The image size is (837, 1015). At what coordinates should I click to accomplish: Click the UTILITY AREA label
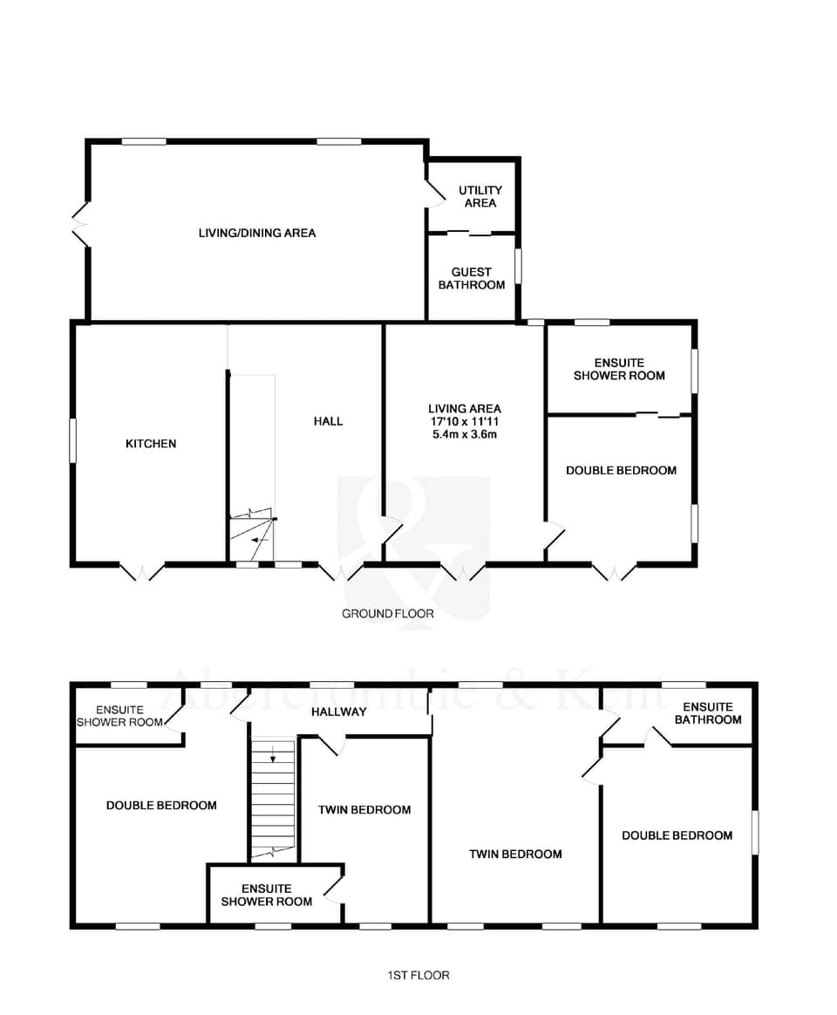click(480, 196)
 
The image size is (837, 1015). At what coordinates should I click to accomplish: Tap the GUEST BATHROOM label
click(471, 278)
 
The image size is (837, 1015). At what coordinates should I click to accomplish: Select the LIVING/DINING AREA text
click(257, 233)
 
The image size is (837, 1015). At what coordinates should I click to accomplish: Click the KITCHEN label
click(151, 444)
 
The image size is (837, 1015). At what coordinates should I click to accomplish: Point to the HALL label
click(329, 421)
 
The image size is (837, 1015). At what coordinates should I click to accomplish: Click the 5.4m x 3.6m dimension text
click(465, 434)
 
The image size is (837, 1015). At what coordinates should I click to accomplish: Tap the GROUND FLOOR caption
click(388, 614)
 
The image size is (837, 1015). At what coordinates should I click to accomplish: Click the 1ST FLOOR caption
click(418, 975)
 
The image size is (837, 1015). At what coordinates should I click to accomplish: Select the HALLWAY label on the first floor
click(339, 712)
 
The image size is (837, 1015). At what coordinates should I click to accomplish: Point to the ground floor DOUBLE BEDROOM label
click(621, 470)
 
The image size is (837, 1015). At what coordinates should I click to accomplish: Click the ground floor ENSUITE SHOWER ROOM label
click(619, 369)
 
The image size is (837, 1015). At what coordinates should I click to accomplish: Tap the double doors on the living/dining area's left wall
click(81, 225)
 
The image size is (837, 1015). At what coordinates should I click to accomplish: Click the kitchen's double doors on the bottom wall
click(142, 571)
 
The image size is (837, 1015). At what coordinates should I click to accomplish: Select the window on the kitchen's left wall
click(73, 440)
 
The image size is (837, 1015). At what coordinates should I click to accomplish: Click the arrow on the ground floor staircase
click(255, 541)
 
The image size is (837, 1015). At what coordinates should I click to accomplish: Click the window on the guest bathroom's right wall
click(518, 267)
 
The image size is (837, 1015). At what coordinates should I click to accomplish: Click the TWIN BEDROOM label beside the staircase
click(364, 810)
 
